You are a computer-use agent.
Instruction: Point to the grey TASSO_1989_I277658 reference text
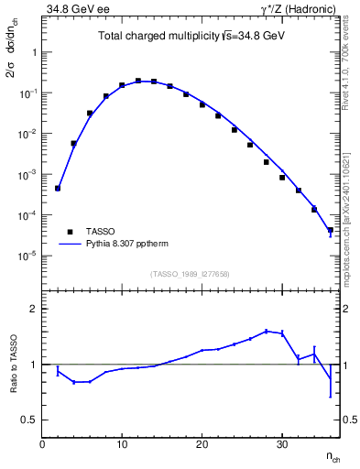[191, 273]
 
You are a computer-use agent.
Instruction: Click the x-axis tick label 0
[42, 444]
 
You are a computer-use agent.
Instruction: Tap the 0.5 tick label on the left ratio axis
[30, 420]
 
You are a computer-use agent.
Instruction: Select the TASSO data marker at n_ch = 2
[58, 188]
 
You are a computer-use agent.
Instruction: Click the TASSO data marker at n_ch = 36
[331, 230]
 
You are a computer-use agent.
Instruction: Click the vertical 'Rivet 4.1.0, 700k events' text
[351, 69]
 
